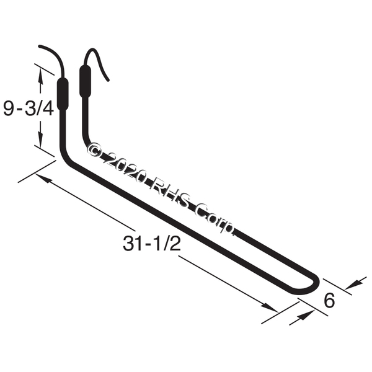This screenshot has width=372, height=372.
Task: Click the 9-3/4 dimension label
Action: pos(29,108)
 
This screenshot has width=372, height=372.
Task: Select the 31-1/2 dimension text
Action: pos(152,244)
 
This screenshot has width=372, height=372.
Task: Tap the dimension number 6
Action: pos(329,300)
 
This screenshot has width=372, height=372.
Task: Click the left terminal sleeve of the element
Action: pos(63,94)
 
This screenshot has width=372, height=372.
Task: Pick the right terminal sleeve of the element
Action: pos(85,81)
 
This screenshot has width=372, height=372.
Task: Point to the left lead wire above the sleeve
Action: pos(58,55)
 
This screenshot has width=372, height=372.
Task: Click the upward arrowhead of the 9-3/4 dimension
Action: pos(40,76)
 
